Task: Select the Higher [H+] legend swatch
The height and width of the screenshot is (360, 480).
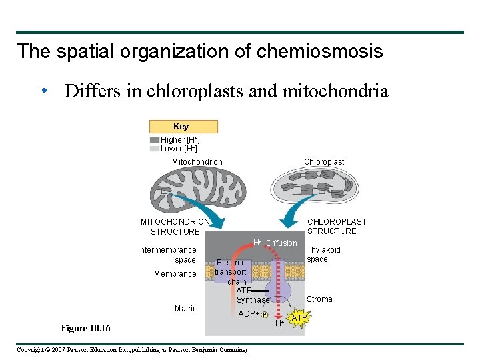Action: click(x=155, y=140)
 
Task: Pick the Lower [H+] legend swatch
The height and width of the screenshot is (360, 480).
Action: click(x=155, y=149)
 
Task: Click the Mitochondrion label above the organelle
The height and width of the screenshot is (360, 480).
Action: click(x=197, y=162)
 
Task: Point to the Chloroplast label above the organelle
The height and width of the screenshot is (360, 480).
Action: click(x=324, y=162)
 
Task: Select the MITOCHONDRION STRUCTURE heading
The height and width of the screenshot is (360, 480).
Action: click(x=175, y=227)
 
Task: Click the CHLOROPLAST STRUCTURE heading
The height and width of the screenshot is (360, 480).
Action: click(x=336, y=227)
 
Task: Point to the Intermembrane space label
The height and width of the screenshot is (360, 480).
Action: click(x=167, y=255)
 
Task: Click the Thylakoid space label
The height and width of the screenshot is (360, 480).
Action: click(x=323, y=255)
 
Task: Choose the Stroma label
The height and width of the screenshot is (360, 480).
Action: click(x=319, y=299)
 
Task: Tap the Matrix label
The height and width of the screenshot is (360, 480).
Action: click(x=185, y=309)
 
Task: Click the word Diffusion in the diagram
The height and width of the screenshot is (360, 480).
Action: click(x=281, y=243)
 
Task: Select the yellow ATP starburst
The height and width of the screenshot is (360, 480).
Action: click(x=299, y=318)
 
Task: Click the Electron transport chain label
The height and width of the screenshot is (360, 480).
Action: click(x=231, y=272)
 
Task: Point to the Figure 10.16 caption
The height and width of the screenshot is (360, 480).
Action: click(x=85, y=329)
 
